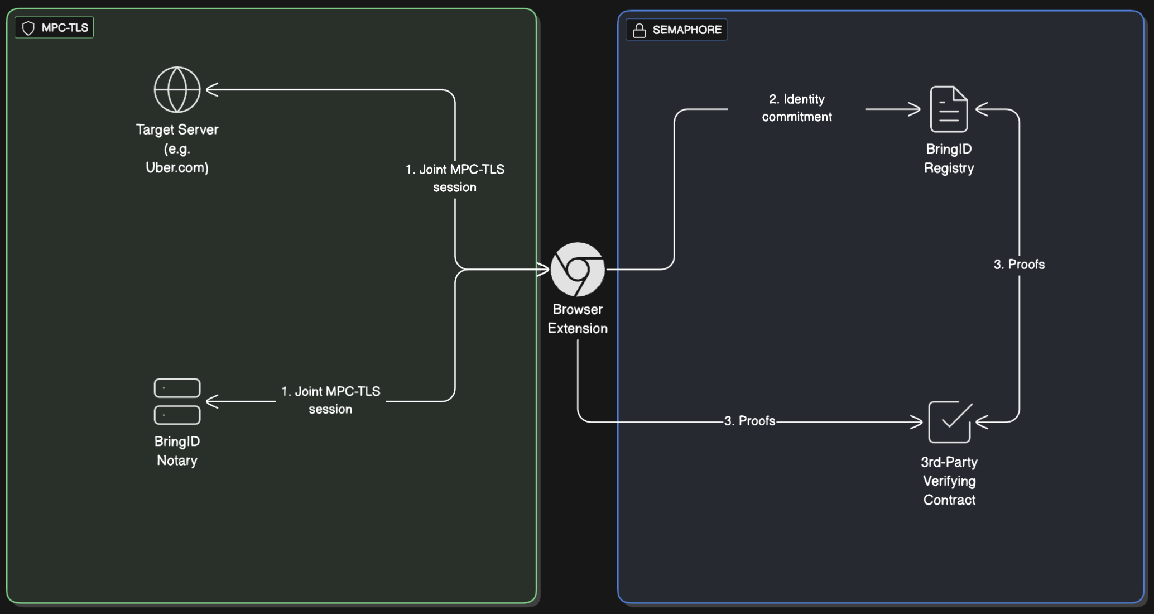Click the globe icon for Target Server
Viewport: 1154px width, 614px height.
tap(177, 89)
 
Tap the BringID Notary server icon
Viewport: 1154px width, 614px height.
tap(177, 401)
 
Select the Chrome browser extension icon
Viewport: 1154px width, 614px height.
tap(578, 269)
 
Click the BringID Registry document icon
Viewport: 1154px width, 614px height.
tap(949, 109)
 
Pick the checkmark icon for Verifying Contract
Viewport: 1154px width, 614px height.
tap(950, 421)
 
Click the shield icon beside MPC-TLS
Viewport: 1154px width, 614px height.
tap(28, 28)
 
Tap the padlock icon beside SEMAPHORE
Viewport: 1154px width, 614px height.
tap(639, 30)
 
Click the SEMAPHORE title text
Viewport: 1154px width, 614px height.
tap(687, 30)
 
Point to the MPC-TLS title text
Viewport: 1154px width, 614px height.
tap(65, 28)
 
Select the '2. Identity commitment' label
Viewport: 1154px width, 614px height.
tap(797, 108)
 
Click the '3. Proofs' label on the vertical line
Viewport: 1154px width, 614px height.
tap(1019, 265)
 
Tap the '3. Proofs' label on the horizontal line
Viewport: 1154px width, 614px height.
tap(749, 421)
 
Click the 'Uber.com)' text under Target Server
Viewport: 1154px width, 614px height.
tap(177, 167)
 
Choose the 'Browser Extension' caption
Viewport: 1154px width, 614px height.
tap(578, 319)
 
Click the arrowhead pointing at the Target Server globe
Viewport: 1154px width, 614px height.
tap(211, 89)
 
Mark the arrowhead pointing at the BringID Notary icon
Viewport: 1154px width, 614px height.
tap(211, 401)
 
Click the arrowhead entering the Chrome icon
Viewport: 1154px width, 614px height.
tap(544, 269)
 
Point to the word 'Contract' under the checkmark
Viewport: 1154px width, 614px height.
tap(949, 500)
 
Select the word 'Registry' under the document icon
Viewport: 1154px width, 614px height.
tap(949, 168)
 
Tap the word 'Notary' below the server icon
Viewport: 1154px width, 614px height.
tap(177, 461)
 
